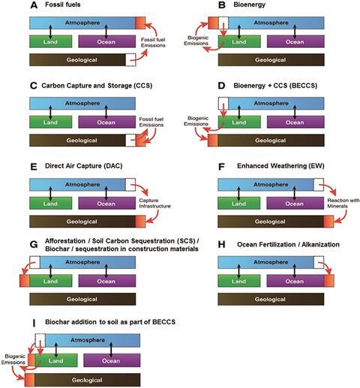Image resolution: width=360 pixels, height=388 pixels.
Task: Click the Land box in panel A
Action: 51,41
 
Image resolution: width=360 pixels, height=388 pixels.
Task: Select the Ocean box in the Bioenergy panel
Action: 295,41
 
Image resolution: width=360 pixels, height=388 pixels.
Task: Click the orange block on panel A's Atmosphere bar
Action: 140,23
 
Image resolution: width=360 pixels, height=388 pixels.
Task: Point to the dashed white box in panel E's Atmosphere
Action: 130,185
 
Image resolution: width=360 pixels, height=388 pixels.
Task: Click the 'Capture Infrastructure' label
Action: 154,203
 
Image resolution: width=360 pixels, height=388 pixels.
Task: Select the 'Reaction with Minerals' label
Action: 343,203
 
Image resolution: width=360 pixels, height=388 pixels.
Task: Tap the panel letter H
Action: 221,245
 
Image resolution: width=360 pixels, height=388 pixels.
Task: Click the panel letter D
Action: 221,85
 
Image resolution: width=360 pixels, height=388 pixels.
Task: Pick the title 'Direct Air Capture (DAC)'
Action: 84,166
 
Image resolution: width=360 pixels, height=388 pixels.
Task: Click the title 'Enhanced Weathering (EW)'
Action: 280,166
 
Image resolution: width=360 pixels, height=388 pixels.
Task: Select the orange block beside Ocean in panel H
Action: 329,281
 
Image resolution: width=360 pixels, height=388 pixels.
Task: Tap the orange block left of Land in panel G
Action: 25,281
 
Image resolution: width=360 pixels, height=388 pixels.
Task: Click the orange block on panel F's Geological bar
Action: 328,222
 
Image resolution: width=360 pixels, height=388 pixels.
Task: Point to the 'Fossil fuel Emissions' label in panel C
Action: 151,122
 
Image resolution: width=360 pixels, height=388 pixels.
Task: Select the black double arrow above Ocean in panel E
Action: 106,193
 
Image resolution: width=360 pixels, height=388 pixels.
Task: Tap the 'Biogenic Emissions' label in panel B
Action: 196,40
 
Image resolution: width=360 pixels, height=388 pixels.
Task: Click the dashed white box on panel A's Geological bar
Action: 130,60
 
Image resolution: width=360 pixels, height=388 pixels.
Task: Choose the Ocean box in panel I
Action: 112,360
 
